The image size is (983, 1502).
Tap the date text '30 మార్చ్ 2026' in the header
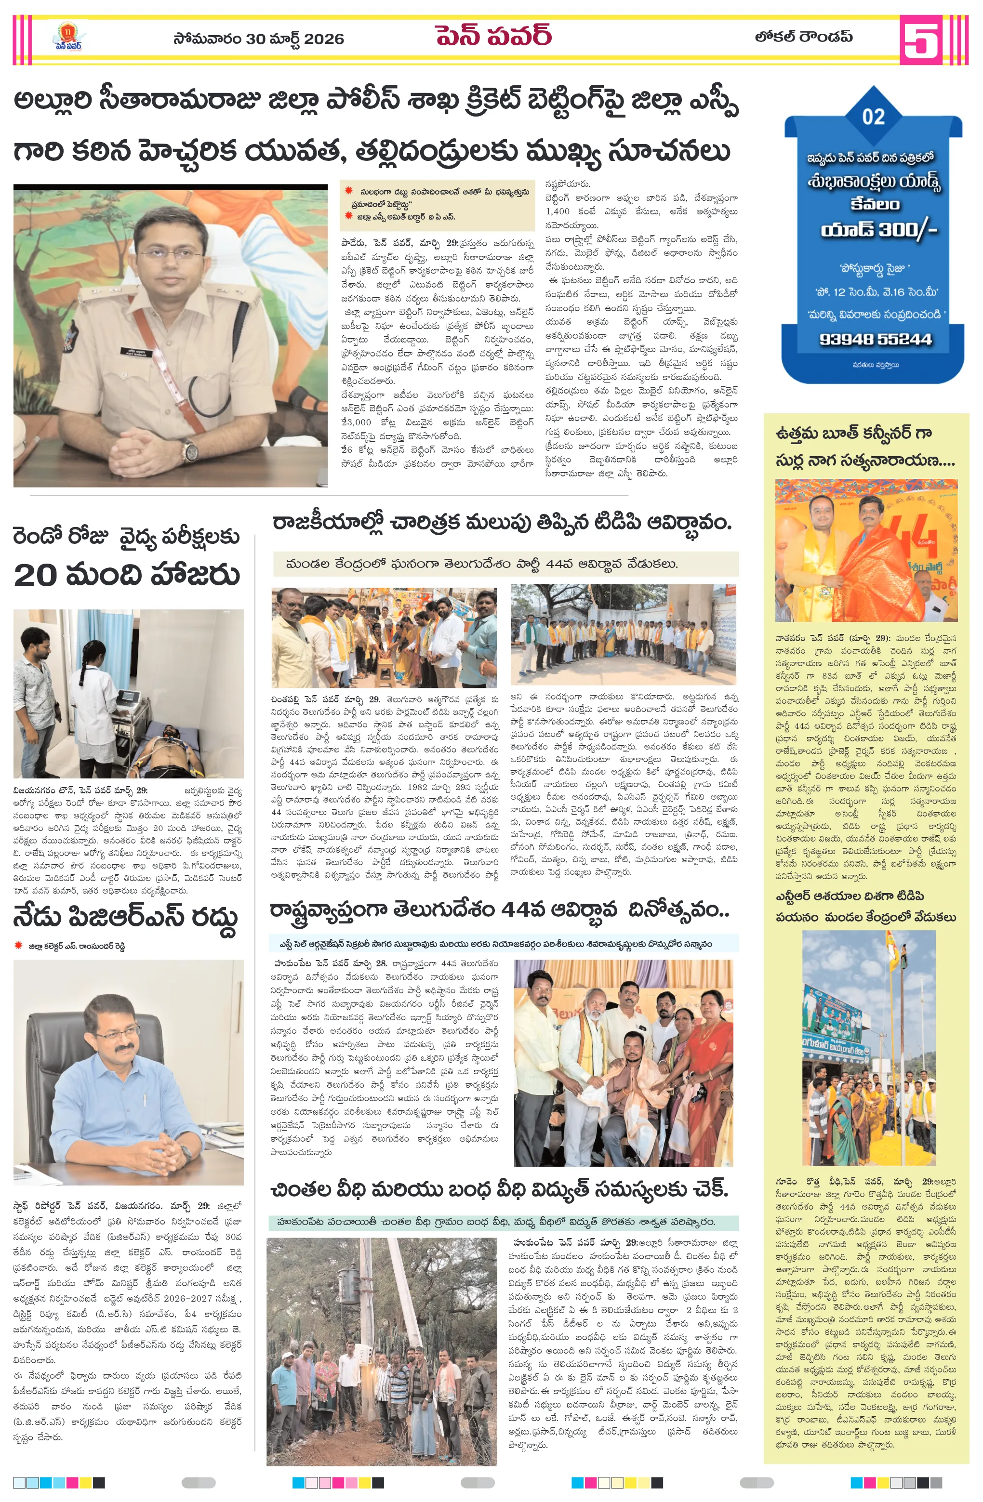[295, 39]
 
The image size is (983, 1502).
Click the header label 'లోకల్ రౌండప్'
[803, 37]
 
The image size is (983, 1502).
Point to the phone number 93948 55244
[875, 340]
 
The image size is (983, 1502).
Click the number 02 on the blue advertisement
[873, 117]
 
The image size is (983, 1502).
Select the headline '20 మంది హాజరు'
[126, 575]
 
